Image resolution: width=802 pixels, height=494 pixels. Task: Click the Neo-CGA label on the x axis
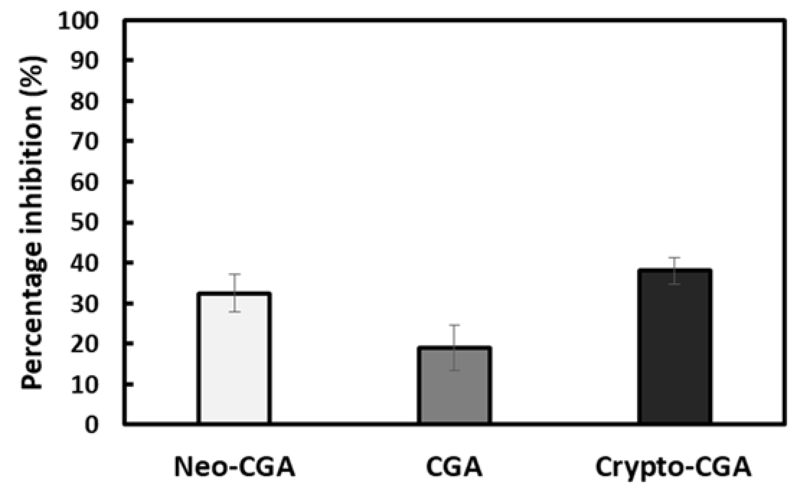pos(235,467)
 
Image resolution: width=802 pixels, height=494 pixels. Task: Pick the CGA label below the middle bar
pos(454,467)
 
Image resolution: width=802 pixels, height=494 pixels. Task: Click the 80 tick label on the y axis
pos(84,102)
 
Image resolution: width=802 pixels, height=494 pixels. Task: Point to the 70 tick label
pos(84,143)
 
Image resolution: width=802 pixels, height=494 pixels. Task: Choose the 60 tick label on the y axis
pos(84,183)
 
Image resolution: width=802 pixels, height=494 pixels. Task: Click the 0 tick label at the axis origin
pos(92,425)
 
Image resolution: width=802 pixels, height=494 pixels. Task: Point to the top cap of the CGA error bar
pos(454,325)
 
